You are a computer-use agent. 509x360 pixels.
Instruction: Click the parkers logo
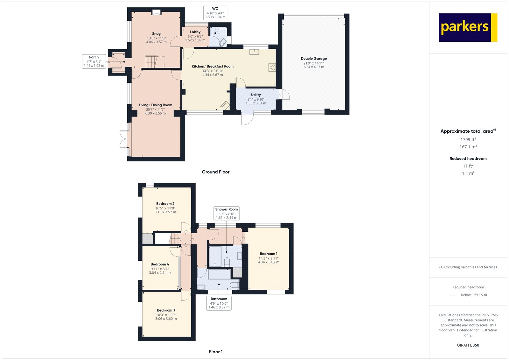point(468,27)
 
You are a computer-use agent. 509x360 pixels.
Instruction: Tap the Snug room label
point(156,34)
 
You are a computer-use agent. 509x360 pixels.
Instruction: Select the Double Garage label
point(314,59)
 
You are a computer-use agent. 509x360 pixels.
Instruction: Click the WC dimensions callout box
point(215,13)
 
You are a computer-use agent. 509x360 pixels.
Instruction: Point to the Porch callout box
point(94,61)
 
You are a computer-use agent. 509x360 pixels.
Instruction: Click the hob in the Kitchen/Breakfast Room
point(272,67)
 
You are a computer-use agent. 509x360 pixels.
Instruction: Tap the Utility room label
point(256,95)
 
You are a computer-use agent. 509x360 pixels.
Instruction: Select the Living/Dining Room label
point(155,105)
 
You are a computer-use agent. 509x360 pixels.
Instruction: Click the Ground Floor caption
point(215,172)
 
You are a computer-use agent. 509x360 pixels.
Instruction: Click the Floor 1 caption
point(215,352)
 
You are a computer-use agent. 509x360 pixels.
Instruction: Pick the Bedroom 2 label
point(165,204)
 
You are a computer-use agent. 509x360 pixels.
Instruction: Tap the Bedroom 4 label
point(160,264)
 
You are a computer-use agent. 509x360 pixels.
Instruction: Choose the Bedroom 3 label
point(166,310)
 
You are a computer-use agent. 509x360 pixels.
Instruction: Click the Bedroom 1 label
point(268,254)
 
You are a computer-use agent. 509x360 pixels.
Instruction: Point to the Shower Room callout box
point(226,214)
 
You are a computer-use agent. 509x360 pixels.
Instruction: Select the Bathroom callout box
point(219,303)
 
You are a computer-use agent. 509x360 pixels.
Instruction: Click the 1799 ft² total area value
point(468,139)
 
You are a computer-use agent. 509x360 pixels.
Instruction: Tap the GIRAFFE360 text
point(468,345)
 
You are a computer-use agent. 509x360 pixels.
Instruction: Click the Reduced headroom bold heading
point(468,159)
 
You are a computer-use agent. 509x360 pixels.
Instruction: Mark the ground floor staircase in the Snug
point(152,62)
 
